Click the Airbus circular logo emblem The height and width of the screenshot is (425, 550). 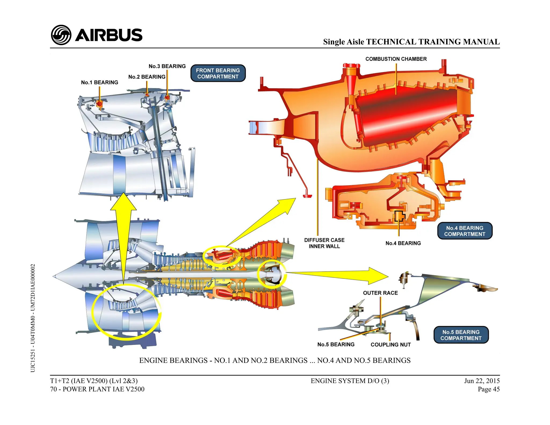61,35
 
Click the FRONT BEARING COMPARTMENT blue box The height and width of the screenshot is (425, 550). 218,73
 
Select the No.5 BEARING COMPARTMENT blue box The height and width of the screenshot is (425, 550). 461,335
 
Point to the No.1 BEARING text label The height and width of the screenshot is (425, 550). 99,82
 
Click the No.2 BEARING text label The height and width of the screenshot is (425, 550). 147,77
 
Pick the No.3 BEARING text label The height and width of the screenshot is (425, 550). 167,66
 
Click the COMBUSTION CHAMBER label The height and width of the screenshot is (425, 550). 396,59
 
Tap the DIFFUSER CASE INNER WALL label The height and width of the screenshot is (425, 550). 324,243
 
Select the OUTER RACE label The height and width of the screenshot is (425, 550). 380,293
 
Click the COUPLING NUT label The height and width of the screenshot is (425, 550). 390,345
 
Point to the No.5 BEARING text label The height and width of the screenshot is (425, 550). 336,344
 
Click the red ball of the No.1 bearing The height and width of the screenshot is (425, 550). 99,104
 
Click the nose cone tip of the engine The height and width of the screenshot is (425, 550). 54,276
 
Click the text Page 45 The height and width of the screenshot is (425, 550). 489,389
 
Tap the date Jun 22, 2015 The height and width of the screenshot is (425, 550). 482,381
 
